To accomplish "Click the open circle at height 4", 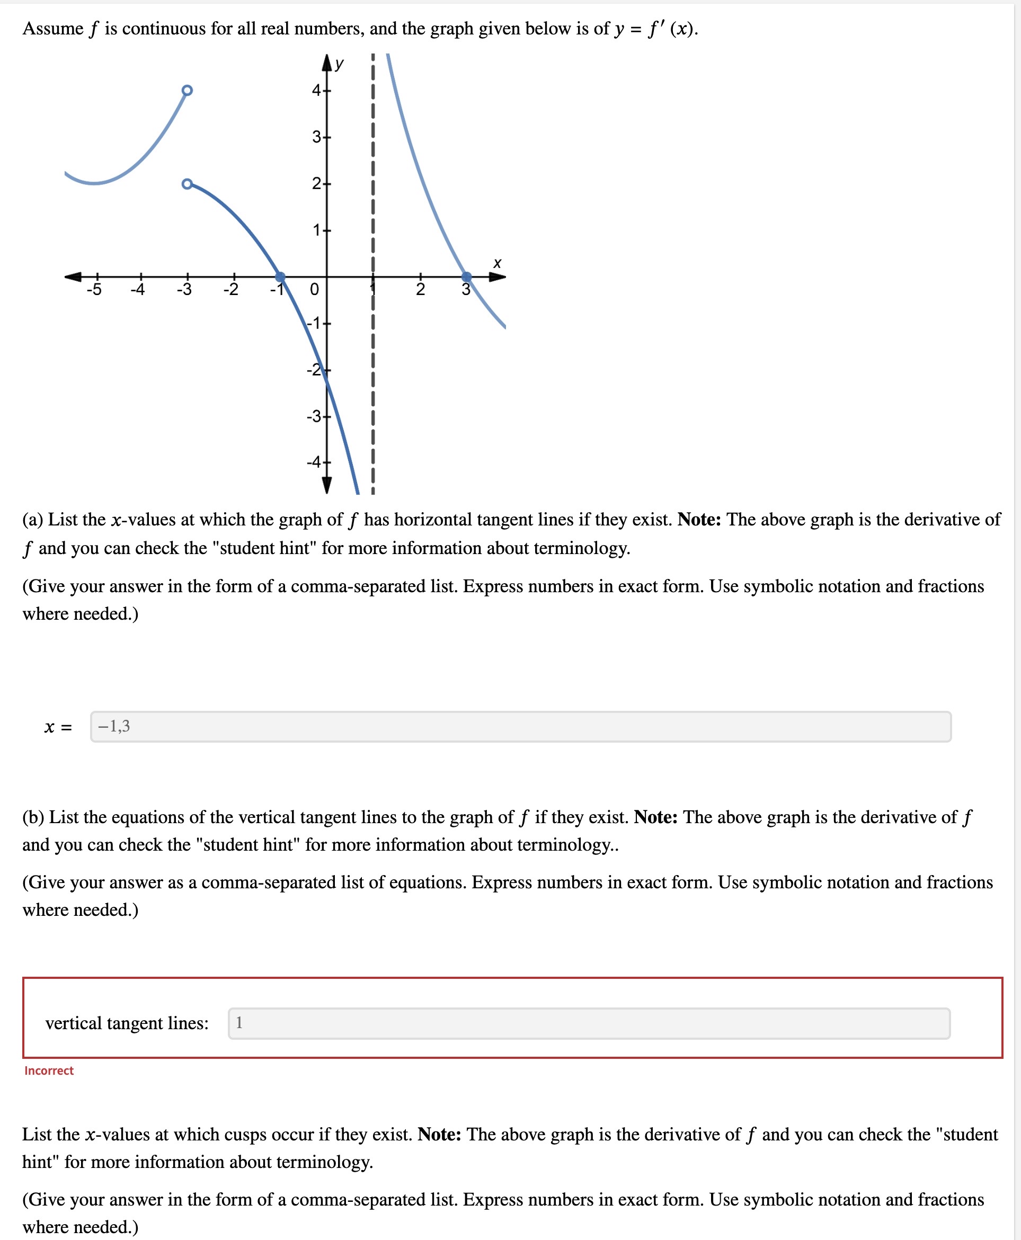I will click(187, 91).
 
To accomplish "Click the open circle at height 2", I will click(187, 184).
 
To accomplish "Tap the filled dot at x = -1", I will click(280, 276).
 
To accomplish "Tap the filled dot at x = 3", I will click(466, 276).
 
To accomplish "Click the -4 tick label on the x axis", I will click(137, 289).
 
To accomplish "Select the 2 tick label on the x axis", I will click(420, 289).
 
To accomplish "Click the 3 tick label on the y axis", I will click(316, 137).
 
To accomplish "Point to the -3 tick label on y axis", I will click(314, 416).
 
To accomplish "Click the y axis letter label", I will click(339, 64).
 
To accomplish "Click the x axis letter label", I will click(497, 263).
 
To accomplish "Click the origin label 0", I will click(314, 289).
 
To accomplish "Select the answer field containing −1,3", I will click(520, 727).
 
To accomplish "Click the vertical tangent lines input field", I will click(589, 1023).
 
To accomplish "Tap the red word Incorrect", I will click(49, 1070).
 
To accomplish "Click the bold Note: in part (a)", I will click(699, 519).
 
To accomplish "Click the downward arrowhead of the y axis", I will click(327, 485).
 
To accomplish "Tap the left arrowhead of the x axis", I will click(73, 276).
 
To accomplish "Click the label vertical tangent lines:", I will click(127, 1023).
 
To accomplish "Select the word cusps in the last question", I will click(293, 1134).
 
